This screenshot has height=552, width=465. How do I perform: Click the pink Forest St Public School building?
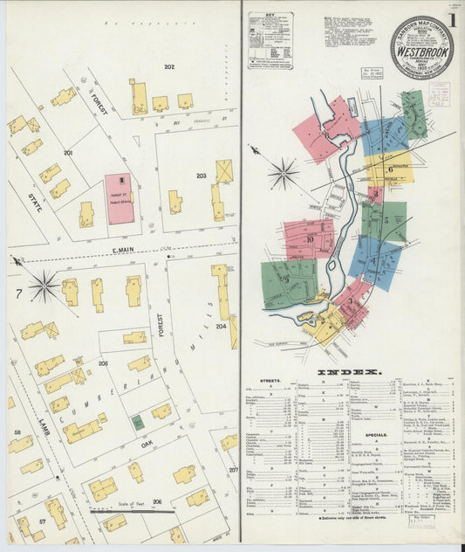[120, 198]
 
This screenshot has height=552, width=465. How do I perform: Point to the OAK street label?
[147, 445]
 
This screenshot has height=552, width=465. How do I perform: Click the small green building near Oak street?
[138, 423]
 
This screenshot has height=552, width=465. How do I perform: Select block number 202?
[169, 66]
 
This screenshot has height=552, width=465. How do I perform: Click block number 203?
[201, 176]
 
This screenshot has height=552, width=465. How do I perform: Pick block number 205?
[103, 362]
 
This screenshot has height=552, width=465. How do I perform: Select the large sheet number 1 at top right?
[453, 19]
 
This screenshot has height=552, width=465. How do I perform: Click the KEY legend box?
[270, 40]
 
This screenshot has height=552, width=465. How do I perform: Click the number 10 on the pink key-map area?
[309, 237]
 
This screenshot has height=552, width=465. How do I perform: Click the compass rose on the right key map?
[283, 173]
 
